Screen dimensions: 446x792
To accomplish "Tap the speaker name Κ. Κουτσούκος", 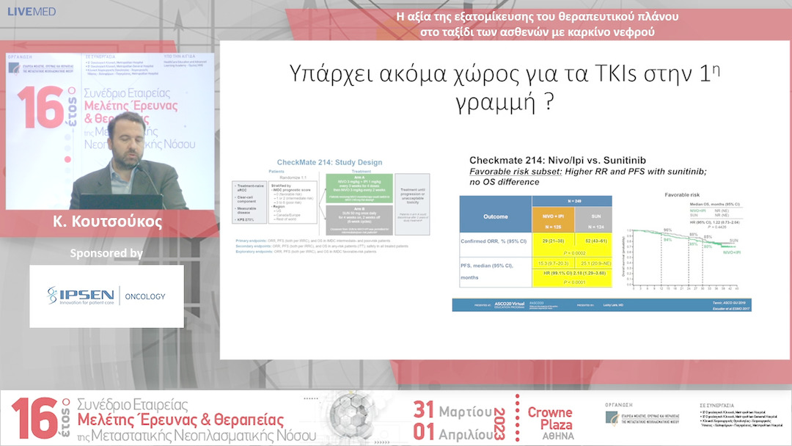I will pyautogui.click(x=107, y=222).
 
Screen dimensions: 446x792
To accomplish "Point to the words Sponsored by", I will pyautogui.click(x=106, y=253).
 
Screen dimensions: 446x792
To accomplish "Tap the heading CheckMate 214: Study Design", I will pyautogui.click(x=329, y=162).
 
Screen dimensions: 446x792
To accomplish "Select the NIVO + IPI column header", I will pyautogui.click(x=554, y=218).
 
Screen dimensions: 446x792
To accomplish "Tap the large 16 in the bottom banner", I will pyautogui.click(x=33, y=420).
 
